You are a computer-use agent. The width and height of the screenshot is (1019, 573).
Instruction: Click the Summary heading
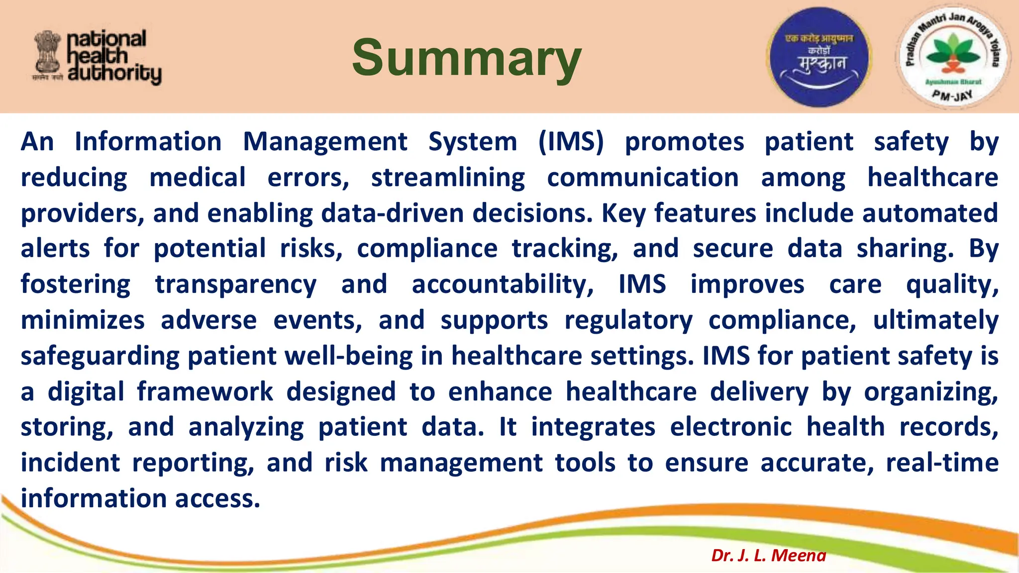click(x=466, y=58)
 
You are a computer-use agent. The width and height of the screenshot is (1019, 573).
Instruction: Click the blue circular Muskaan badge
click(x=818, y=57)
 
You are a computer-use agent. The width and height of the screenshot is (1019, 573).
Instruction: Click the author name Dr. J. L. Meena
click(x=768, y=555)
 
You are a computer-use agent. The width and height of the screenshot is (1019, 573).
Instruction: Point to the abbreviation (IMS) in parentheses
click(x=571, y=142)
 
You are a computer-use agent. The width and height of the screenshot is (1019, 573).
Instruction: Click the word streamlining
click(x=448, y=178)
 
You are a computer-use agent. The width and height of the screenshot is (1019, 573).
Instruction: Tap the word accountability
click(x=503, y=285)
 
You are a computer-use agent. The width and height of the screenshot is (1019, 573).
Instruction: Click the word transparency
click(x=235, y=285)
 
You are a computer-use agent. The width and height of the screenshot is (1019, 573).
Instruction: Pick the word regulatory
click(x=628, y=320)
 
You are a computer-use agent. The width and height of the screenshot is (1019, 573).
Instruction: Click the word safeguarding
click(x=100, y=356)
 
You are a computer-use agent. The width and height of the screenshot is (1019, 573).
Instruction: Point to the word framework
click(x=205, y=391)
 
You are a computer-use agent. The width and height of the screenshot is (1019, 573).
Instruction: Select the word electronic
click(x=730, y=427)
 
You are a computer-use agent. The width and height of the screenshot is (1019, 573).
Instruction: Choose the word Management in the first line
click(x=325, y=142)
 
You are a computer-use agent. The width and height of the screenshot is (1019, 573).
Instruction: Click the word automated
click(x=930, y=213)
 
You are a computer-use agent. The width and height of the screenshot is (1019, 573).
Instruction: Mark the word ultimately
click(x=935, y=320)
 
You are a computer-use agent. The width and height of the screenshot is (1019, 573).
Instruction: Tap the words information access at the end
click(x=140, y=498)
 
